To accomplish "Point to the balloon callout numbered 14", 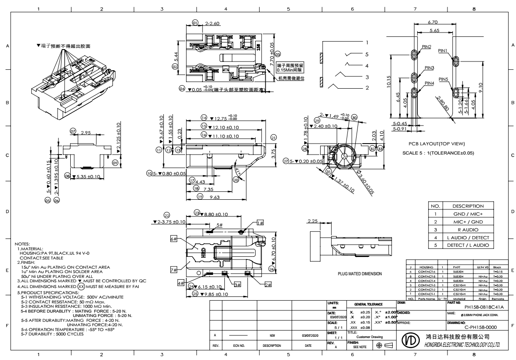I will (204, 118).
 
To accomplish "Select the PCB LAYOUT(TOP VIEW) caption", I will (433, 144).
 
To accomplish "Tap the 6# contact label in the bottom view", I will (173, 239).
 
